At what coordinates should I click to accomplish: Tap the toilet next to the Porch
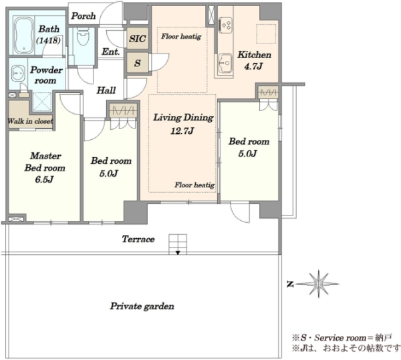[82, 37]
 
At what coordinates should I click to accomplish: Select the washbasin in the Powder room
[18, 74]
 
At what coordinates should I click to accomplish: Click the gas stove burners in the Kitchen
[226, 25]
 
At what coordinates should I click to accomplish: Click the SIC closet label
[138, 39]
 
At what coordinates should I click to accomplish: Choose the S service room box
[138, 63]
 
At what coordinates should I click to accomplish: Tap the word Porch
[84, 16]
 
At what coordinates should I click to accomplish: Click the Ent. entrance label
[111, 52]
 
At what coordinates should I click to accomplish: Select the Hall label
[106, 90]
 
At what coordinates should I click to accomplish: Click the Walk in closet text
[30, 121]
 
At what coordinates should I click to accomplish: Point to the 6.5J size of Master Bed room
[44, 179]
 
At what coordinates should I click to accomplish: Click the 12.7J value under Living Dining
[182, 131]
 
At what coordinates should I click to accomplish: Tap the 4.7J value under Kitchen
[253, 66]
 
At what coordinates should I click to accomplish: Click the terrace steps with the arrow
[178, 244]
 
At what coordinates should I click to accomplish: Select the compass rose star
[318, 284]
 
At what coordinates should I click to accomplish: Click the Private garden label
[142, 306]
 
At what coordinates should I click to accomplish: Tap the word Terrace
[138, 239]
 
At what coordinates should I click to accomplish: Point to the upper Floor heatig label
[181, 37]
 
